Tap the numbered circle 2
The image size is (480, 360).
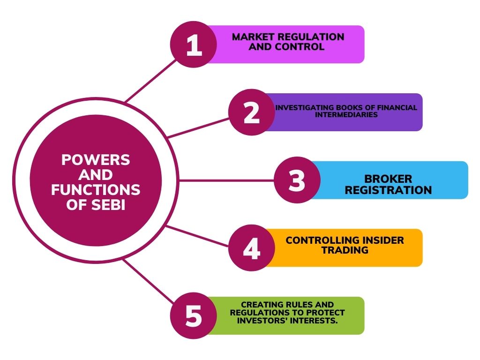click(x=252, y=112)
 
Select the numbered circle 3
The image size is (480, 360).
click(x=297, y=180)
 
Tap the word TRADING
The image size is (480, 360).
click(x=345, y=250)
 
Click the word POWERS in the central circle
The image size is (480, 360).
click(x=96, y=160)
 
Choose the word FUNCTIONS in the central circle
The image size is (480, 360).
click(x=96, y=190)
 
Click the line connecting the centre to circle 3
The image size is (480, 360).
click(x=225, y=180)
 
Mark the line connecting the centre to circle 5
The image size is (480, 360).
click(x=150, y=286)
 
